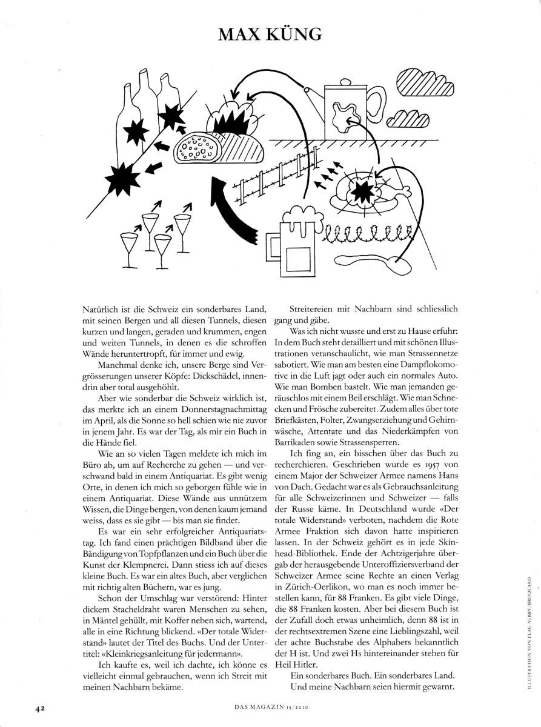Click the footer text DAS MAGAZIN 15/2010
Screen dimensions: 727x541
271,706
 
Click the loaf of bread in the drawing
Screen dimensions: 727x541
201,147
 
